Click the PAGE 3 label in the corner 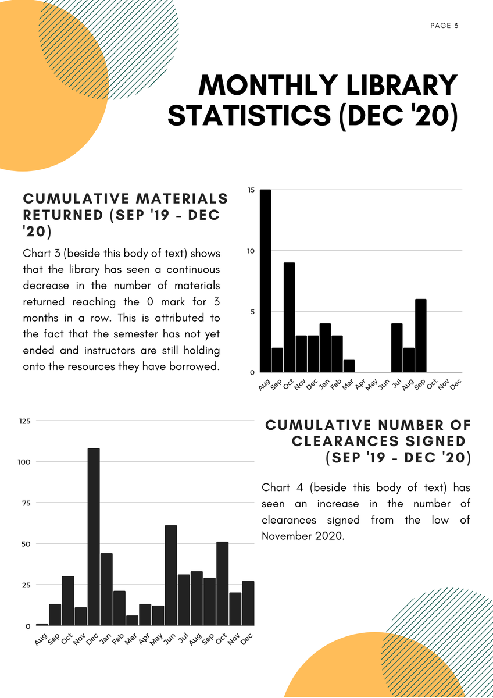click(445, 25)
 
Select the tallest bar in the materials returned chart click(265, 281)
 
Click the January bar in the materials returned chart click(325, 348)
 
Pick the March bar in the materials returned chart click(349, 366)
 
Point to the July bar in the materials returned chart click(397, 348)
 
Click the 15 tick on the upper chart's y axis click(251, 190)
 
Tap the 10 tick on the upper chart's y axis click(251, 251)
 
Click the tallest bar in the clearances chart click(94, 537)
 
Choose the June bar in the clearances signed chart click(171, 575)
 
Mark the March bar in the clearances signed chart click(132, 621)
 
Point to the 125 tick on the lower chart click(24, 421)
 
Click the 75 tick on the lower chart click(27, 503)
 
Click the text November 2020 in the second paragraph click(303, 536)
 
